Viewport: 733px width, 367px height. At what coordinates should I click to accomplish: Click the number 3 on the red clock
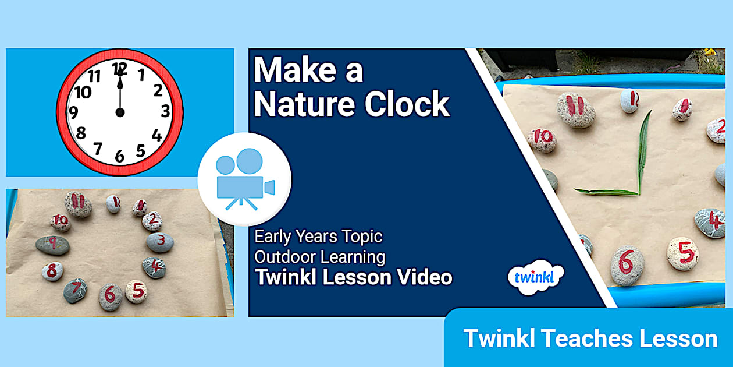pos(166,111)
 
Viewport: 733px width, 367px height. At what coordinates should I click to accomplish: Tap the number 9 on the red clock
pos(74,112)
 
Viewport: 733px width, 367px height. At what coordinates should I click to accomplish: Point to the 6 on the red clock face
pos(120,156)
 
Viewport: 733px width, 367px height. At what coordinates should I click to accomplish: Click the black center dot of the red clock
pos(120,112)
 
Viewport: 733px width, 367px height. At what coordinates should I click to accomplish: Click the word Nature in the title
pos(303,105)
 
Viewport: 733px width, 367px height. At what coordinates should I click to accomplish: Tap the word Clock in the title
pos(407,105)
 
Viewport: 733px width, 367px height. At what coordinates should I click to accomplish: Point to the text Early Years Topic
pos(318,237)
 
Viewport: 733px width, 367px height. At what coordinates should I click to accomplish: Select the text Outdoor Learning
pos(319,256)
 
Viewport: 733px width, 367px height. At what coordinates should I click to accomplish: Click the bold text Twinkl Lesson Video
pos(353,277)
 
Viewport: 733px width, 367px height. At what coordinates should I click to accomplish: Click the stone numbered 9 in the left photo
pos(52,245)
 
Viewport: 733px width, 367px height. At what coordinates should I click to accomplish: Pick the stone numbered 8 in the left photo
pos(52,271)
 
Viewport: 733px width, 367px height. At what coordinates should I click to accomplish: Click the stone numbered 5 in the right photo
pos(683,253)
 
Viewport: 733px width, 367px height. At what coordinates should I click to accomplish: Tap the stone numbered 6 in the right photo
pos(627,265)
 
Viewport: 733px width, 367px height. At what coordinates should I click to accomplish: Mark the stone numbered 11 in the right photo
pos(575,110)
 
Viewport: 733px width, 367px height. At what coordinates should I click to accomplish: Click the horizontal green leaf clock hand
pos(605,191)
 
